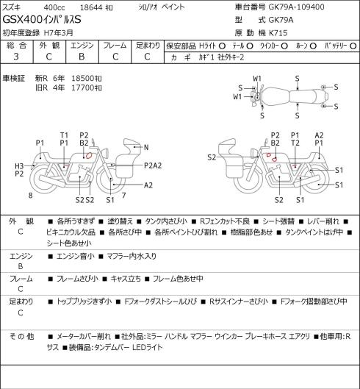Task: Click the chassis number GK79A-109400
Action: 296,7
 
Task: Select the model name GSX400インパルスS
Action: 42,20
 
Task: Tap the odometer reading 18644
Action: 91,7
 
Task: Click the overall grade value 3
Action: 16,57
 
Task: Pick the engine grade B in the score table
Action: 82,57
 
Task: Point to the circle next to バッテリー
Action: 353,46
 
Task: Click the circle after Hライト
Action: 222,46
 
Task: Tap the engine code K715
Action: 278,33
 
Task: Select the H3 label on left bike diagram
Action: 19,166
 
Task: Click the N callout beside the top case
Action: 146,147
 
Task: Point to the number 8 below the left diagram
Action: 30,196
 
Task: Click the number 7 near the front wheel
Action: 123,196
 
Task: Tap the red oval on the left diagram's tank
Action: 88,156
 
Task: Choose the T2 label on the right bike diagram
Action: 295,143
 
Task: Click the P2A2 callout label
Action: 153,165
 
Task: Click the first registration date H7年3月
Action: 59,33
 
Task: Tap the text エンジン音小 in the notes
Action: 76,256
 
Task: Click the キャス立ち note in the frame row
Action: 126,279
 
